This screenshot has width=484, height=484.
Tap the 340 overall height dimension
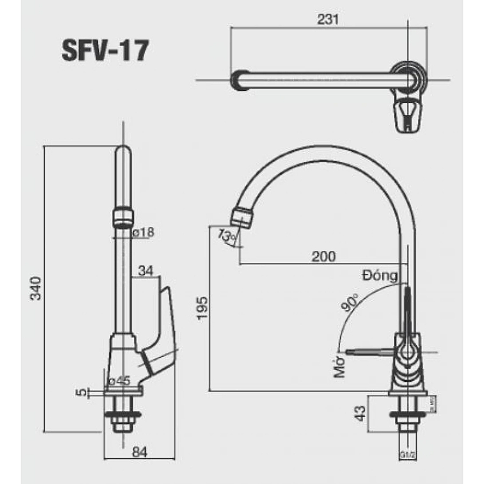[x=35, y=289]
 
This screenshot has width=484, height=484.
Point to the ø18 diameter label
[x=143, y=232]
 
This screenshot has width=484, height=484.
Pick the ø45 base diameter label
[x=119, y=381]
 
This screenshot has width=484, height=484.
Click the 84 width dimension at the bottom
[x=139, y=452]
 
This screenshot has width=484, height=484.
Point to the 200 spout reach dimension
[x=324, y=257]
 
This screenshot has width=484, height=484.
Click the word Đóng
[x=380, y=276]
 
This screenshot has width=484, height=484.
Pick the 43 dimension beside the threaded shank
[x=360, y=413]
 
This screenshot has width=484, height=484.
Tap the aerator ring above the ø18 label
[x=123, y=217]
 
